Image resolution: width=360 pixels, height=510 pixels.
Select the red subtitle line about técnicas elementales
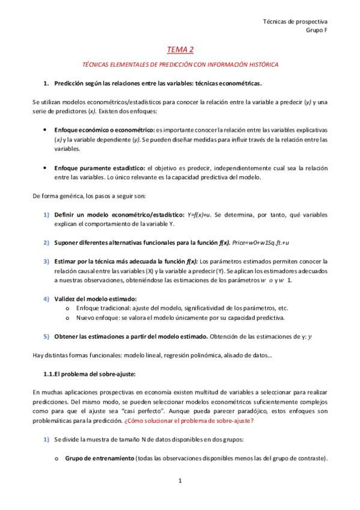pyautogui.click(x=180, y=64)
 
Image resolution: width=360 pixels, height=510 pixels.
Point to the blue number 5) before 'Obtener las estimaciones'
pyautogui.click(x=46, y=336)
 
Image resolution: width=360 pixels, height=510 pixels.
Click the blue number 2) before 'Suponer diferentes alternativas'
pyautogui.click(x=46, y=242)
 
